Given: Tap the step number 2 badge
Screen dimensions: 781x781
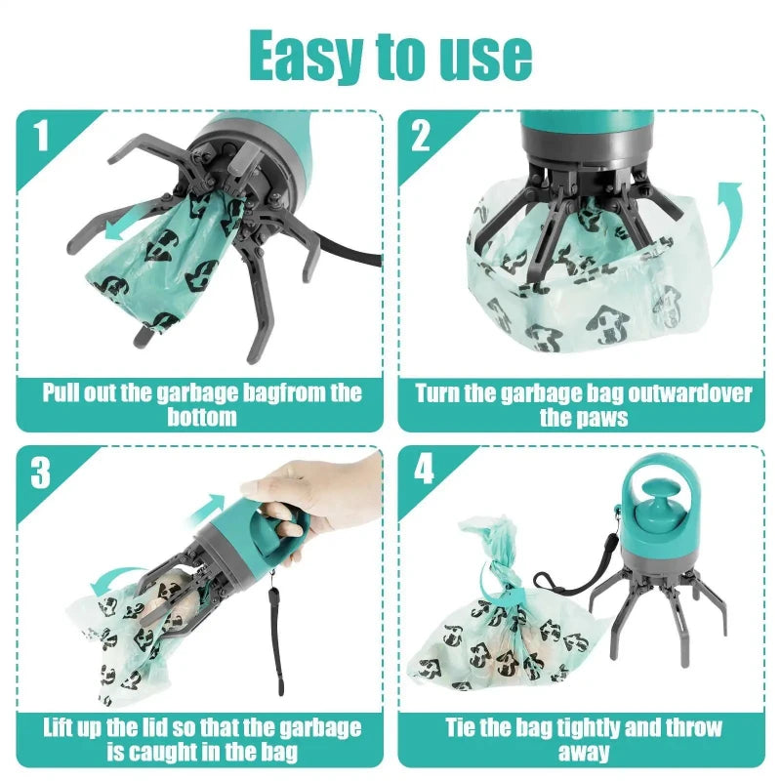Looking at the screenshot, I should [420, 136].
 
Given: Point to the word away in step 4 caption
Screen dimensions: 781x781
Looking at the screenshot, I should [584, 753].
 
